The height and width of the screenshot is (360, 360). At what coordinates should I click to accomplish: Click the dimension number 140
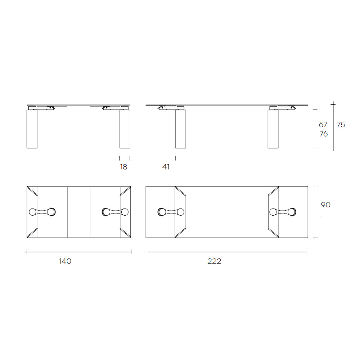click(65, 261)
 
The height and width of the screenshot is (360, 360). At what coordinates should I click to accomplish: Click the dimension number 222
click(214, 261)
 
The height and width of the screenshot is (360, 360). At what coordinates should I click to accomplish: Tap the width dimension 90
click(325, 205)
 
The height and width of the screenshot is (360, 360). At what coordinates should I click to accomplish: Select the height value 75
click(341, 125)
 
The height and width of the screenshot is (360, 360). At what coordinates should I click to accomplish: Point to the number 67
click(323, 125)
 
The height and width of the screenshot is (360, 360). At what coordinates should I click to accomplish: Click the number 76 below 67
click(324, 134)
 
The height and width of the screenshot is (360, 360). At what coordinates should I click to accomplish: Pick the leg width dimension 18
click(123, 167)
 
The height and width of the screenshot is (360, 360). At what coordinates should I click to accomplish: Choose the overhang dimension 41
click(166, 167)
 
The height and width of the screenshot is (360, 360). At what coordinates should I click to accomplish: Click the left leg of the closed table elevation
click(32, 129)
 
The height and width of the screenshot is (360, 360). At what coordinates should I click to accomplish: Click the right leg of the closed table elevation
click(125, 129)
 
